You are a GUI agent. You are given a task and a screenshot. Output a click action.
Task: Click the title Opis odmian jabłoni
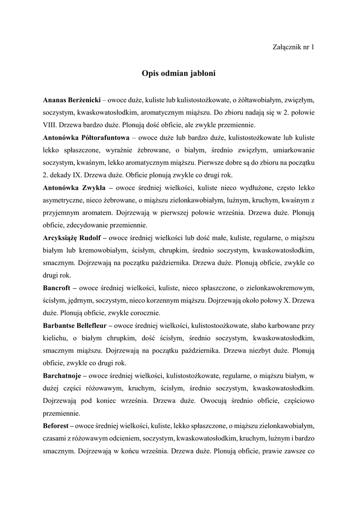click(180, 73)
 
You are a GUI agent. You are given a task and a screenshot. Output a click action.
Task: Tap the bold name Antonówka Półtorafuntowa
click(86, 136)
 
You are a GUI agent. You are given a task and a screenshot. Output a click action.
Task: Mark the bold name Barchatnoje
click(63, 375)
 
